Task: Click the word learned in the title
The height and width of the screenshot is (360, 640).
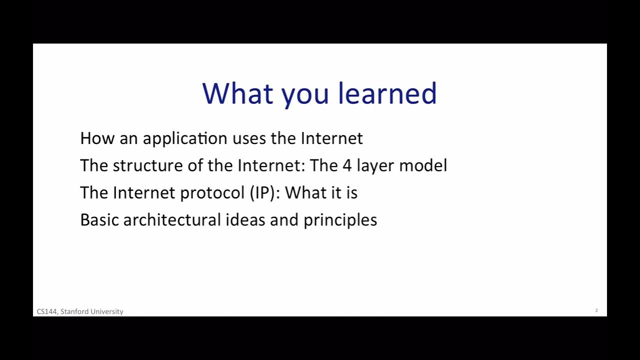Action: [387, 93]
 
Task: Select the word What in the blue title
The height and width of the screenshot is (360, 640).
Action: [237, 93]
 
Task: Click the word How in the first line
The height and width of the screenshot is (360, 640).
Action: [97, 138]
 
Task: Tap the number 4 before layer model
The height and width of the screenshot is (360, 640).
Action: [347, 166]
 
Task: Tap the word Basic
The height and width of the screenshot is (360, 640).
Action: [99, 220]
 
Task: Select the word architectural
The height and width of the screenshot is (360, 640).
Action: [172, 220]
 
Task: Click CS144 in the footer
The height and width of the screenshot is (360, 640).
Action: [47, 311]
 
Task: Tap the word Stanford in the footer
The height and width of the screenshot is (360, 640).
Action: [73, 311]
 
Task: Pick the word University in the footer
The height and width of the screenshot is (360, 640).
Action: [106, 311]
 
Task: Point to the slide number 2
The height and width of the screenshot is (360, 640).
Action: [596, 310]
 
